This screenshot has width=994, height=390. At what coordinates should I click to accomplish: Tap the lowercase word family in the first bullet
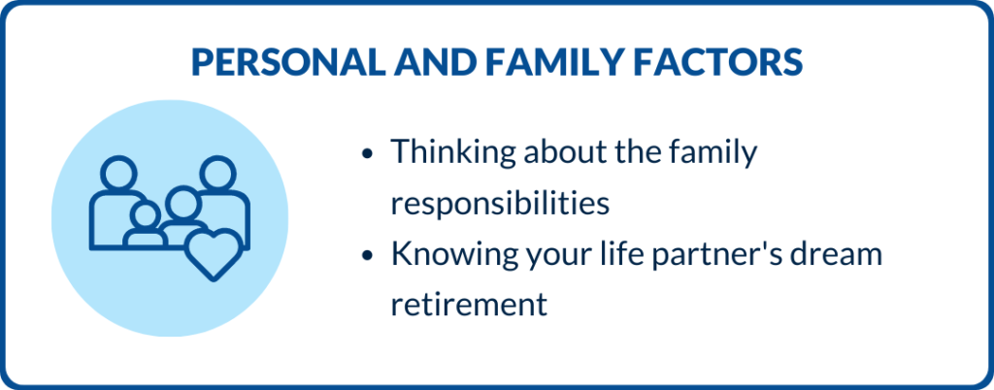point(712,154)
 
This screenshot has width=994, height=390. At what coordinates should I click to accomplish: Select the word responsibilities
point(500,204)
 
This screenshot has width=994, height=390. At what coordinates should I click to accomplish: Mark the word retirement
point(469,306)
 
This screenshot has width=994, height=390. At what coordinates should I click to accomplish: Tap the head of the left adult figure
point(118,173)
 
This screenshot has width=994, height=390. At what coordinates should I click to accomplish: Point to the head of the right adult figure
point(217,173)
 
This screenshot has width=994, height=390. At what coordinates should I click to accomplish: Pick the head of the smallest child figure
point(146,216)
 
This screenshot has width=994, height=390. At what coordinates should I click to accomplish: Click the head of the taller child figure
point(182,204)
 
